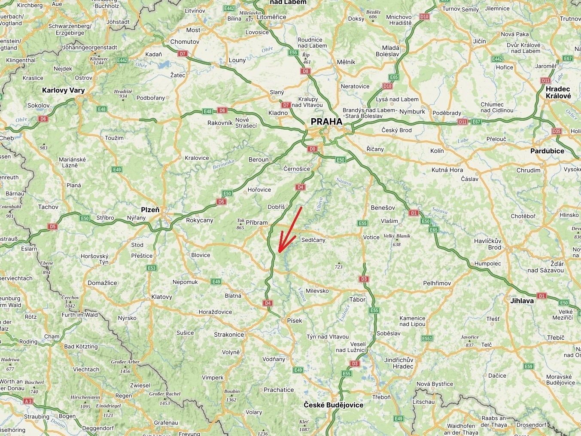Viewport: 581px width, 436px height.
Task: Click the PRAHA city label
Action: [326, 122]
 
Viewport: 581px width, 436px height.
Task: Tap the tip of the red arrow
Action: [279, 251]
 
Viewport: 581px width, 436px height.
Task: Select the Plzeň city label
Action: [150, 210]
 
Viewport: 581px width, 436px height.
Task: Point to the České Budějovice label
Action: [333, 405]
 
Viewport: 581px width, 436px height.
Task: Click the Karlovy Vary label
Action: [64, 90]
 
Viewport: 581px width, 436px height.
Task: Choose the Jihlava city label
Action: [522, 301]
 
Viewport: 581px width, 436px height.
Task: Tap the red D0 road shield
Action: [312, 149]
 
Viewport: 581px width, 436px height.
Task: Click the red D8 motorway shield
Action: [305, 71]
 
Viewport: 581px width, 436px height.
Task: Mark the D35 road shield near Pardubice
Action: [557, 131]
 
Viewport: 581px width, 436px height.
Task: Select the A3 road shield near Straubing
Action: [28, 401]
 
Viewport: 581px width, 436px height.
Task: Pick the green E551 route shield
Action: [427, 338]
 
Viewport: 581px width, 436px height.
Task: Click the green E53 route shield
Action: [152, 268]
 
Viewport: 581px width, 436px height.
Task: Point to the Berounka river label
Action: [223, 164]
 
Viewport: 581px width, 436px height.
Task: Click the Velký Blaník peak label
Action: [397, 236]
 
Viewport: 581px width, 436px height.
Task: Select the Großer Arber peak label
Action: [125, 362]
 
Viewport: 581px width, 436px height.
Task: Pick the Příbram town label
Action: [257, 223]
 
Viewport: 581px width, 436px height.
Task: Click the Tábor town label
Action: [357, 299]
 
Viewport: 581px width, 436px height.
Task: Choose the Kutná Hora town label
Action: [447, 170]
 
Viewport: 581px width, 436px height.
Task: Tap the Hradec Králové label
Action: [558, 92]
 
